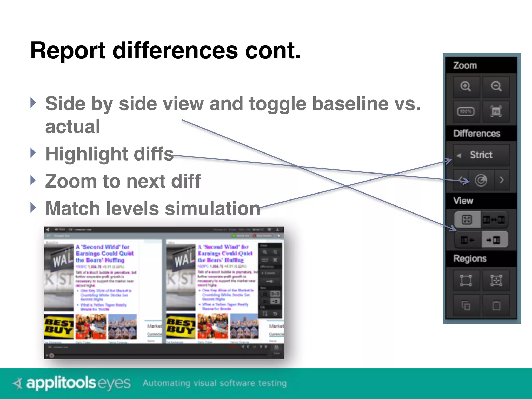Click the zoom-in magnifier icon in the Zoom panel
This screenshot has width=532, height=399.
[x=466, y=87]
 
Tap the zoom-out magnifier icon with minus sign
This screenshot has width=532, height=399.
[x=496, y=87]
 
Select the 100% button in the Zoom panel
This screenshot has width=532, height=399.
[x=466, y=112]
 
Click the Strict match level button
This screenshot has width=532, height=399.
[x=481, y=155]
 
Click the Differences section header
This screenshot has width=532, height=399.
[x=477, y=134]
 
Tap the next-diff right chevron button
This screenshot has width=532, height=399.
[x=502, y=180]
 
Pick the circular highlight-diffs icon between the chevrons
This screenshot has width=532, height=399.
[x=481, y=180]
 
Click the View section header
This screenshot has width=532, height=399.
[x=463, y=201]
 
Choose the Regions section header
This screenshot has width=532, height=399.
[x=470, y=258]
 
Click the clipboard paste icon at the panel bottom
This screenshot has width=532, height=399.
[x=496, y=305]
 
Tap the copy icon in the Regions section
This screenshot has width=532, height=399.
[x=466, y=305]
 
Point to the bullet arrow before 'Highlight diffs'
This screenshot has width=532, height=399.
[x=33, y=153]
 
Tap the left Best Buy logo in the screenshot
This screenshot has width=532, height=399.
[x=59, y=326]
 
